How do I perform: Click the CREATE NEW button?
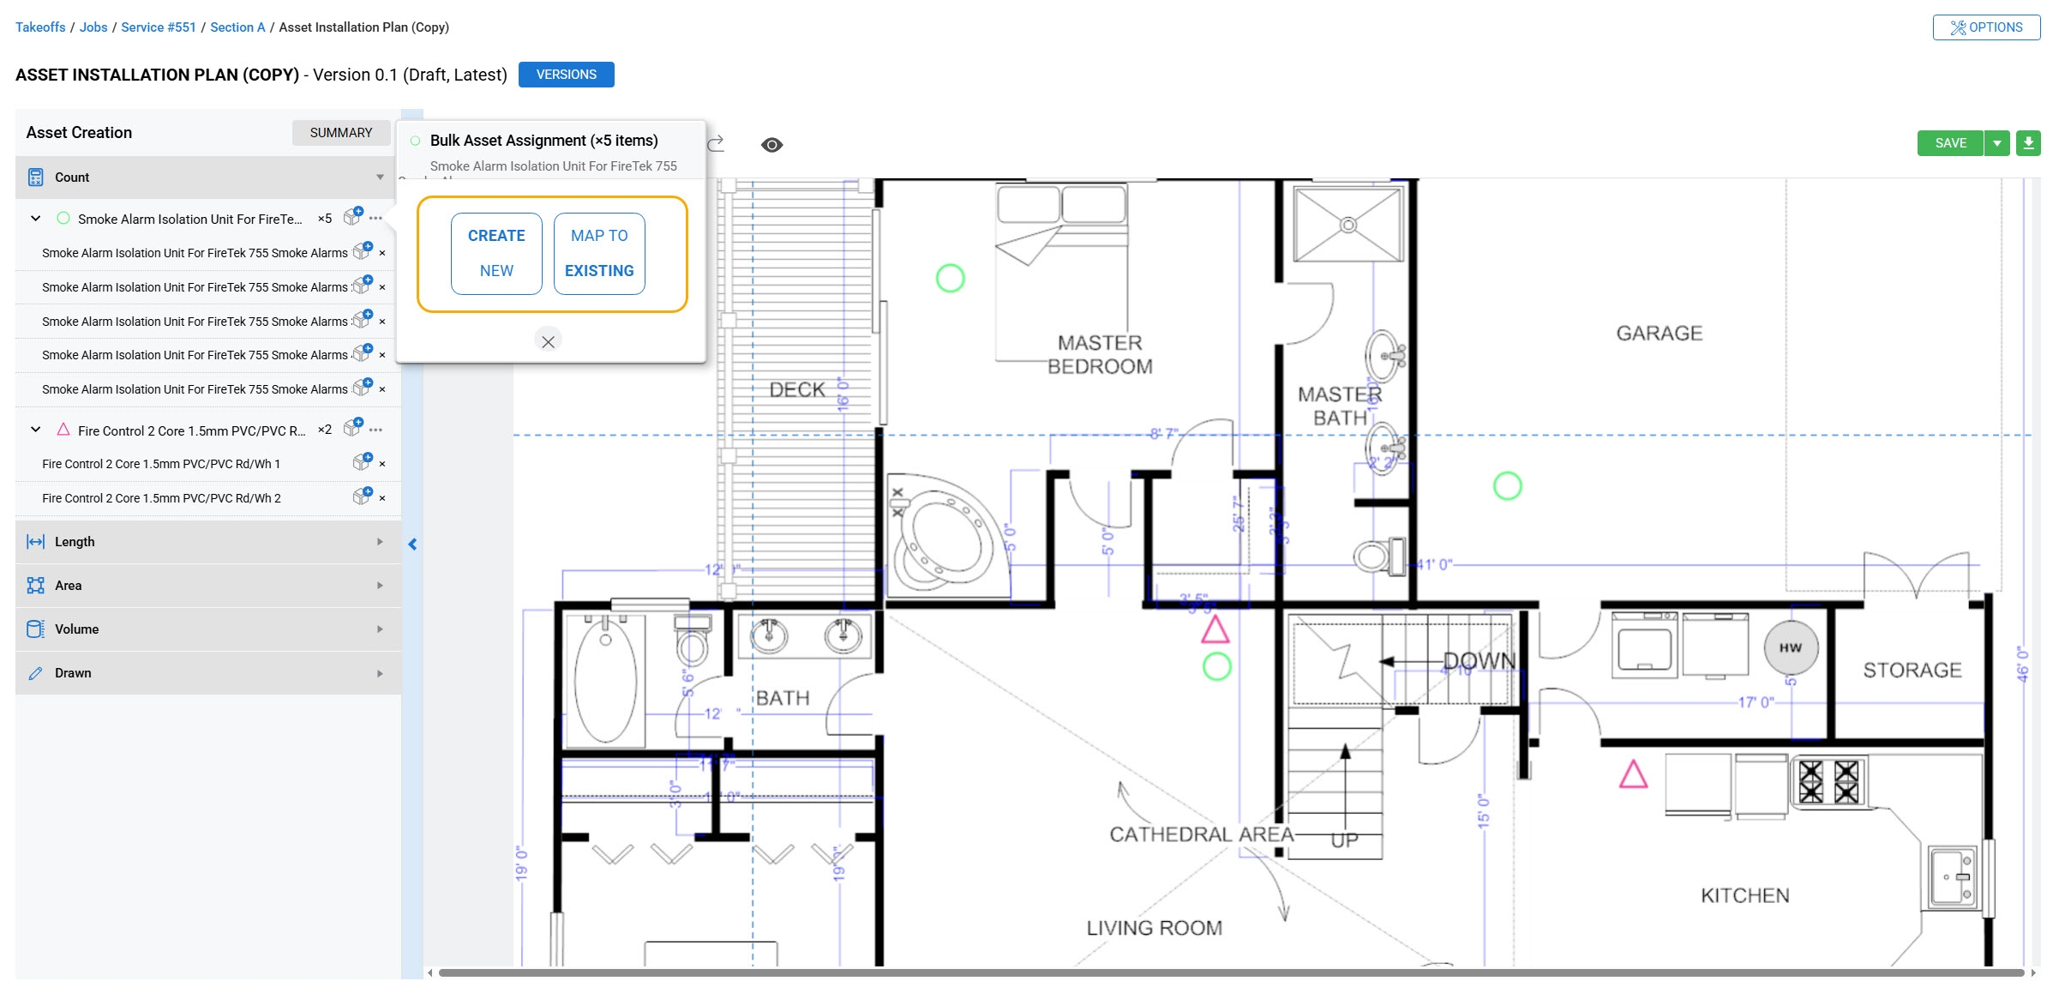pos(496,253)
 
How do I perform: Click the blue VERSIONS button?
pos(566,75)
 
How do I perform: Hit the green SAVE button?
pos(1949,143)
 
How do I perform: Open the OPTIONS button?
pos(1985,27)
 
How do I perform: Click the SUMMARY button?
pos(340,133)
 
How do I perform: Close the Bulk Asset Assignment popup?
pos(548,341)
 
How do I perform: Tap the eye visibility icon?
pos(771,145)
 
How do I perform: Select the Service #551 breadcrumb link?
pos(159,27)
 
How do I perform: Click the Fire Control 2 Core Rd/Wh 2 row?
pos(161,498)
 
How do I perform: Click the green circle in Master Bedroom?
pos(950,278)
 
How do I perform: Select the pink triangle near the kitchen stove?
pos(1633,775)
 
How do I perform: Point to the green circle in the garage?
pos(1507,486)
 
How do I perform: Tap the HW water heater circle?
pos(1790,648)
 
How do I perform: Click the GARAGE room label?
pos(1659,334)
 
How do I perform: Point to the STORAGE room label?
pos(1912,671)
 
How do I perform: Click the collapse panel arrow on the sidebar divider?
pos(412,545)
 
